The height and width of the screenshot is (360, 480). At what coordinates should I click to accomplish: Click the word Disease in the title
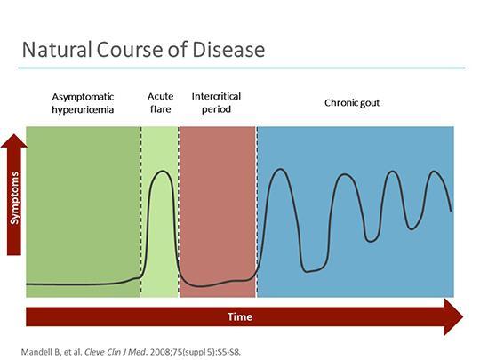pyautogui.click(x=228, y=50)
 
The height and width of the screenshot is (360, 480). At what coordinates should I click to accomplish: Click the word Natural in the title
pyautogui.click(x=57, y=50)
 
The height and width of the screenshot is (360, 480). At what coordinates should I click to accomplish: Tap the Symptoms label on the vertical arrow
pyautogui.click(x=14, y=197)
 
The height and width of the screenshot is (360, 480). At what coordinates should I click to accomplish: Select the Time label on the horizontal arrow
pyautogui.click(x=240, y=316)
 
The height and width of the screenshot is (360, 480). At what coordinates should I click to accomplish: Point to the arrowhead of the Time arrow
pyautogui.click(x=462, y=316)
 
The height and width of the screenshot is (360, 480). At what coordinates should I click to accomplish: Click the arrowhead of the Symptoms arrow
pyautogui.click(x=14, y=135)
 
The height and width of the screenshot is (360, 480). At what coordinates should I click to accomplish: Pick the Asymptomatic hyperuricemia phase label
pyautogui.click(x=83, y=103)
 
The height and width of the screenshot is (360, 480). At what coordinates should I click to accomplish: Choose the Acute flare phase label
pyautogui.click(x=160, y=102)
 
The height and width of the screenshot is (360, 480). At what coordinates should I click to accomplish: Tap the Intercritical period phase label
pyautogui.click(x=216, y=102)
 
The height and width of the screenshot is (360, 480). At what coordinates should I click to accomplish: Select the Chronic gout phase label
pyautogui.click(x=352, y=103)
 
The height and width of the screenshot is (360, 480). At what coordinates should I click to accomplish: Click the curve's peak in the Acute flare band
pyautogui.click(x=162, y=171)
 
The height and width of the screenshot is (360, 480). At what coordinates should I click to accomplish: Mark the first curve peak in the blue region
pyautogui.click(x=280, y=169)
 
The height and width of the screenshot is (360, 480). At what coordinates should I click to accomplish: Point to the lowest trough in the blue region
pyautogui.click(x=307, y=271)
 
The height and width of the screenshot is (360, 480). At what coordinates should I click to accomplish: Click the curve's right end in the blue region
pyautogui.click(x=451, y=211)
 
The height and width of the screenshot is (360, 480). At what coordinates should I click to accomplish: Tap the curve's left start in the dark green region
pyautogui.click(x=27, y=284)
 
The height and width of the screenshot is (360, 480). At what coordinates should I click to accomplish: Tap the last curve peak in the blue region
pyautogui.click(x=434, y=172)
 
